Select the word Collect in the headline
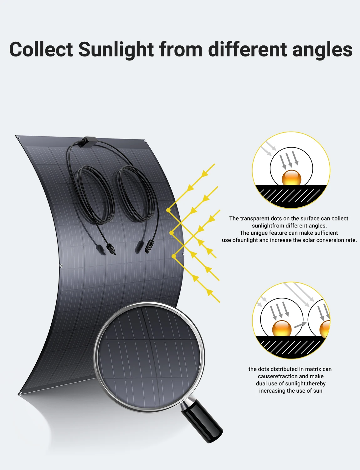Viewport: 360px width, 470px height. tap(41, 50)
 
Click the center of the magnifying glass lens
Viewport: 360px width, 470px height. tap(149, 357)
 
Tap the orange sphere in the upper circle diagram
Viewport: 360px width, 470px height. tap(291, 178)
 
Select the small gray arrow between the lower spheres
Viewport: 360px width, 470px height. tap(300, 325)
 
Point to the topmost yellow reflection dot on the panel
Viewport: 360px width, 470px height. tap(168, 210)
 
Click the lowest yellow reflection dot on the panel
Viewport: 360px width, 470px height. tap(174, 256)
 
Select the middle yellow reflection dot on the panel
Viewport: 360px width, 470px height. tap(171, 233)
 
